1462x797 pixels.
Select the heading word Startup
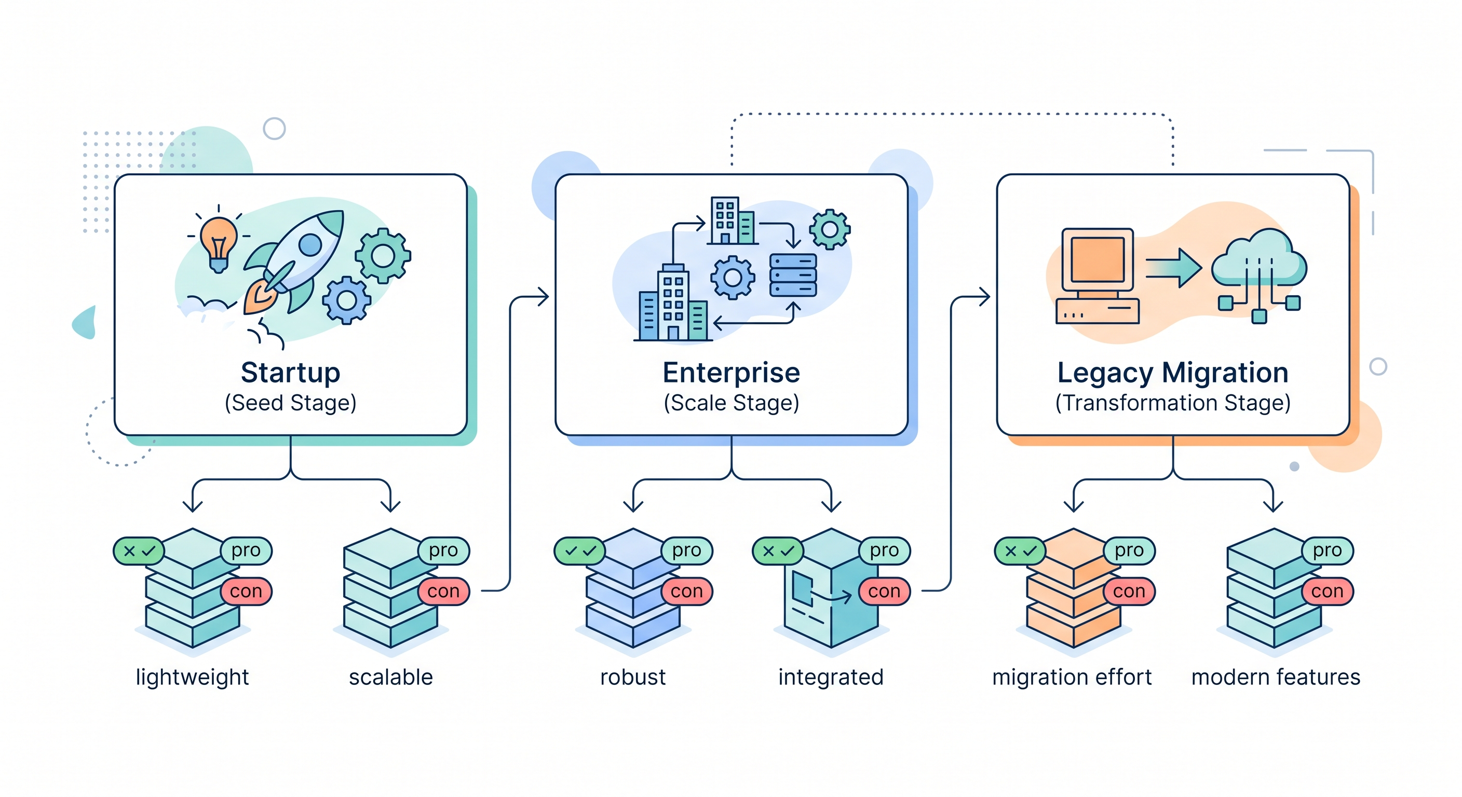(290, 373)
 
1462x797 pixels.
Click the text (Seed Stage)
(290, 403)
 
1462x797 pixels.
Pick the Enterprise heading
(731, 373)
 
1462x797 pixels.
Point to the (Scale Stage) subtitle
(731, 403)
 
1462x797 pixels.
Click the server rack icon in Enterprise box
(792, 275)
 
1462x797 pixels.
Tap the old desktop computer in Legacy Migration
(1097, 275)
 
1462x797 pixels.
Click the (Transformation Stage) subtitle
(1172, 403)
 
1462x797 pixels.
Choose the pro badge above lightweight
(246, 550)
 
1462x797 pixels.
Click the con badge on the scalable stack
(443, 591)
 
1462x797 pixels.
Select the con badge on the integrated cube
(884, 591)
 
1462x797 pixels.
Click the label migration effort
(1072, 677)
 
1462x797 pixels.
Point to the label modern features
(1275, 677)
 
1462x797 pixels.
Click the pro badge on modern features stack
(1327, 550)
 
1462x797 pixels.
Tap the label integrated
(831, 677)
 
